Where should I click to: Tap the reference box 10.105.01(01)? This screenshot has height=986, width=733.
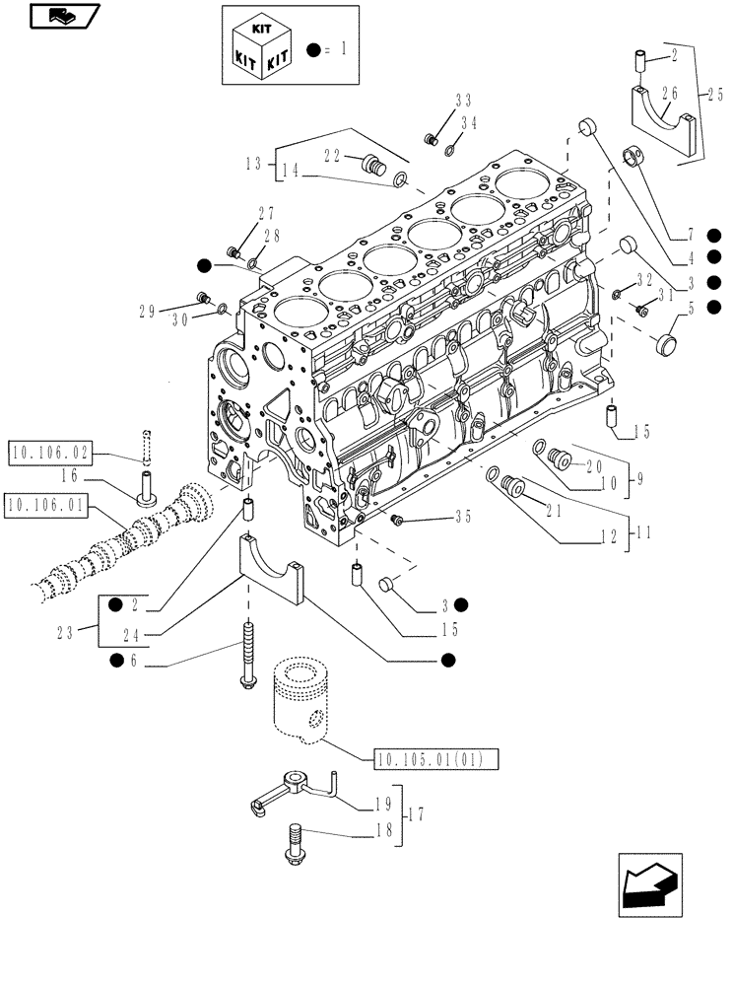click(436, 758)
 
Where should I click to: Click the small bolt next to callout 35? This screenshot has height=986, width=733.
click(398, 519)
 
